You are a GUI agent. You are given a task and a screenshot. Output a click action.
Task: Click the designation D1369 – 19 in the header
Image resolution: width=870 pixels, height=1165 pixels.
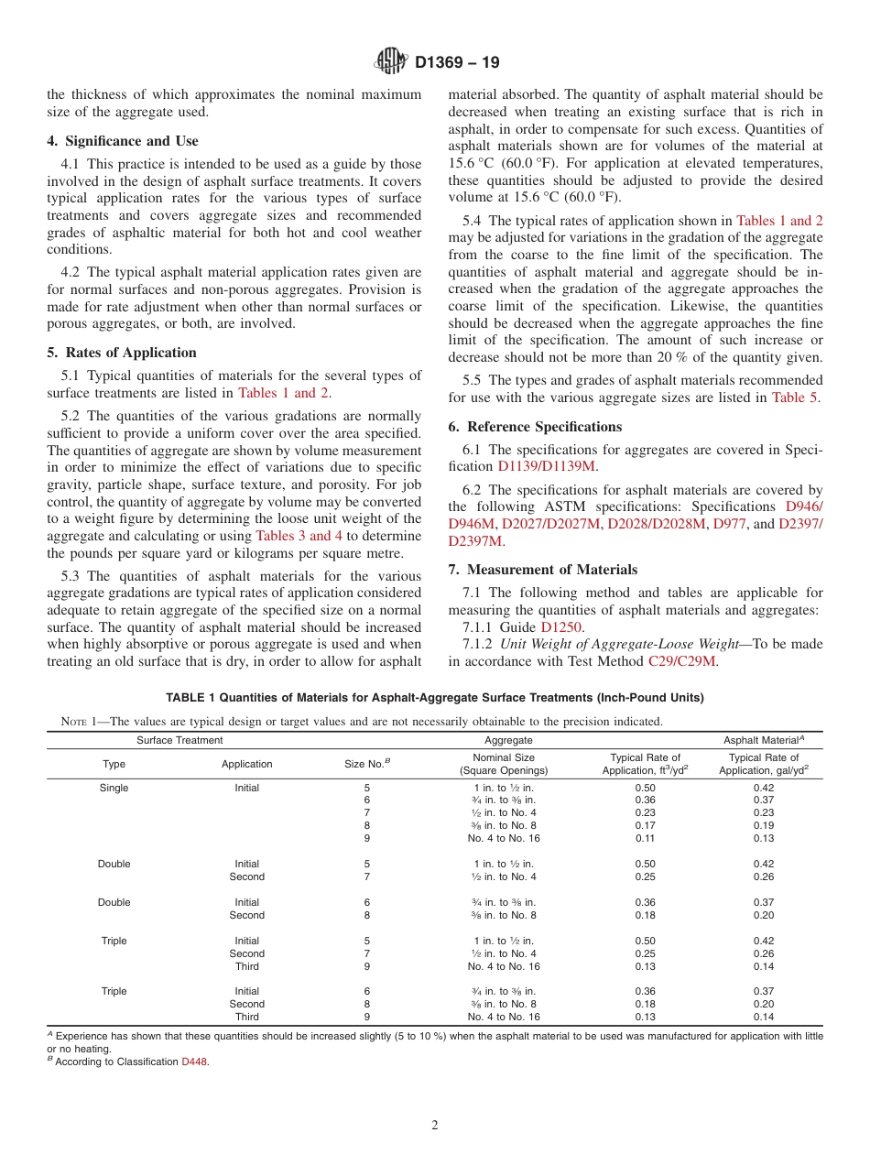click(457, 63)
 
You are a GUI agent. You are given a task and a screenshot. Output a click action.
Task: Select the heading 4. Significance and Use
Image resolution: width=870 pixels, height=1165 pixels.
click(123, 141)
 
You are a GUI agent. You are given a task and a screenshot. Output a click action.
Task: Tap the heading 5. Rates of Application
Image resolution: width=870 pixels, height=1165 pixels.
click(122, 353)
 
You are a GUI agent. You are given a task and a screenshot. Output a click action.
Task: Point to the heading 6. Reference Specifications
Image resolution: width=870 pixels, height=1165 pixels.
click(535, 427)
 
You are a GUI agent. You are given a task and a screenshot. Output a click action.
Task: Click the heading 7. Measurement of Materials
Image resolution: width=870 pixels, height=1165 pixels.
click(543, 570)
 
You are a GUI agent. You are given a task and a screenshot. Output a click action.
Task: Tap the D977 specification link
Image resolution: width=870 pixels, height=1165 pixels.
click(729, 524)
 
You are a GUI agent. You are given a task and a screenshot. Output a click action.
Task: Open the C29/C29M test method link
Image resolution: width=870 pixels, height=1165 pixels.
click(682, 660)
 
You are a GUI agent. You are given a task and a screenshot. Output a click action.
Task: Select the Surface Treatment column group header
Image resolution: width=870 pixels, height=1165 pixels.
click(179, 740)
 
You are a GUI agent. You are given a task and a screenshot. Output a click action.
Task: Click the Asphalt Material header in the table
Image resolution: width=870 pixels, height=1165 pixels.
click(763, 740)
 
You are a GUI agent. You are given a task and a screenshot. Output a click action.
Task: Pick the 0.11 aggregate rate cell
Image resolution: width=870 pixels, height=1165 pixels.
click(645, 838)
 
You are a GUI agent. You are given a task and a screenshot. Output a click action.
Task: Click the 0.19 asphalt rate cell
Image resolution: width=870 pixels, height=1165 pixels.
click(763, 825)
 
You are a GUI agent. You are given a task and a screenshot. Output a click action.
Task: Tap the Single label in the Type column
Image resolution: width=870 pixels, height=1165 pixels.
click(114, 788)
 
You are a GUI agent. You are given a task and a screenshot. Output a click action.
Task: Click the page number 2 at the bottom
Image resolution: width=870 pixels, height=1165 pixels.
click(435, 1126)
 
